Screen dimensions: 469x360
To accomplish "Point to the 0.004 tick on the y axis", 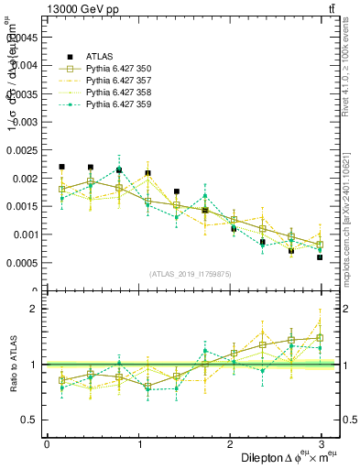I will coord(25,65).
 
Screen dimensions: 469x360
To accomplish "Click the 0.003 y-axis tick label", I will coord(25,122).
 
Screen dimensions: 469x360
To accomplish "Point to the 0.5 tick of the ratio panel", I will coord(28,420).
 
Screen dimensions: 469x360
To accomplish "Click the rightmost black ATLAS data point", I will coord(320,257).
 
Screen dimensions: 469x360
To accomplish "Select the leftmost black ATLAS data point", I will coord(61,167).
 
